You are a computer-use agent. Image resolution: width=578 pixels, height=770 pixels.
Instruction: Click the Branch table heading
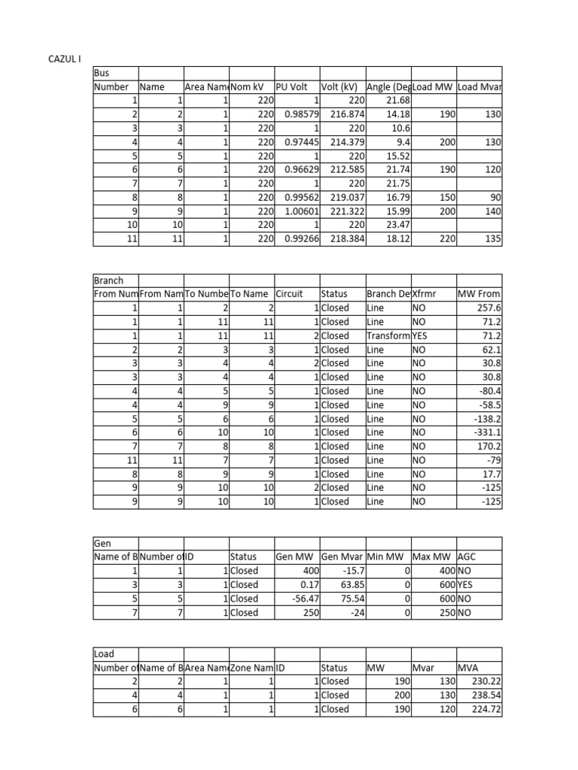tap(108, 280)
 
